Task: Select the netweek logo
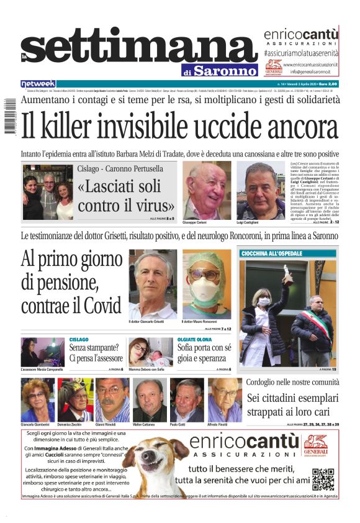38,84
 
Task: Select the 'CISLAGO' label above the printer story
79,340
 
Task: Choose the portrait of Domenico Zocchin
75,399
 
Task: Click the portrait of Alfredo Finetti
224,399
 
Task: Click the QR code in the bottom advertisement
323,479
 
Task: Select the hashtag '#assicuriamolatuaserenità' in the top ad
301,55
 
